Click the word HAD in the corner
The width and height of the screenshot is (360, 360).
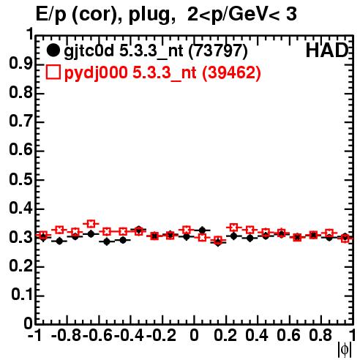(x=327, y=50)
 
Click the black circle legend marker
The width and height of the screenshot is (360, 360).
(x=53, y=50)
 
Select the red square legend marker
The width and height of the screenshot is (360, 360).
(x=53, y=72)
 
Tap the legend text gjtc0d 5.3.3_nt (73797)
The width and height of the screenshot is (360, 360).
(x=156, y=51)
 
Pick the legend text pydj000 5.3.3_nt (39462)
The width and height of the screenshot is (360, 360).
(x=162, y=73)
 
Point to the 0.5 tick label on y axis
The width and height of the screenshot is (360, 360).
(x=20, y=179)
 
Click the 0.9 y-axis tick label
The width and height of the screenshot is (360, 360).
(x=20, y=64)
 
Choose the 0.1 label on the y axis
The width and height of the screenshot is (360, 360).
(x=22, y=295)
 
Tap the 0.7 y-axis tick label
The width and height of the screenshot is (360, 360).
(x=20, y=121)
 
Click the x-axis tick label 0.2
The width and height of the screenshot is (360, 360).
(x=225, y=335)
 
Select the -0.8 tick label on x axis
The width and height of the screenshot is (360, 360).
(x=67, y=335)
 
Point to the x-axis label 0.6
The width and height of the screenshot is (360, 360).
(x=288, y=335)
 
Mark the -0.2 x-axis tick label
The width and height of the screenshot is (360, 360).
(x=161, y=335)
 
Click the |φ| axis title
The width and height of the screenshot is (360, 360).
(x=345, y=350)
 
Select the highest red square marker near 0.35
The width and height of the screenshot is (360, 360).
(x=91, y=224)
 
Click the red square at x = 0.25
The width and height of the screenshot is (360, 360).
(x=233, y=228)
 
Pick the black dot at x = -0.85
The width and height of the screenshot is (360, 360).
(x=59, y=241)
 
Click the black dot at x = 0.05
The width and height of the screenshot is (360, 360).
(x=202, y=230)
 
